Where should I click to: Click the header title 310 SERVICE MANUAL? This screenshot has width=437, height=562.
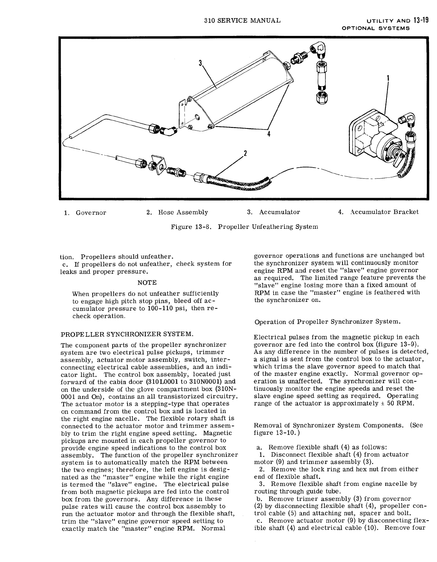[x=243, y=20]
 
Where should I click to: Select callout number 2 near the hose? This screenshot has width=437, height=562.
[x=245, y=153]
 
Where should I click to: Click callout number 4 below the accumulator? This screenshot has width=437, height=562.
[x=268, y=134]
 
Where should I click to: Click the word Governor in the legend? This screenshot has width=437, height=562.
[x=91, y=213]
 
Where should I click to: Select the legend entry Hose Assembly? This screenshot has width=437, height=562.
[x=183, y=212]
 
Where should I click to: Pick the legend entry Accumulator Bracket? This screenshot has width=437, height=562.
[x=384, y=212]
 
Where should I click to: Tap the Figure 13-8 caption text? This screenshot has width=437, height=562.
[x=244, y=227]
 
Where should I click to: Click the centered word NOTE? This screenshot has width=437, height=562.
[x=147, y=283]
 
